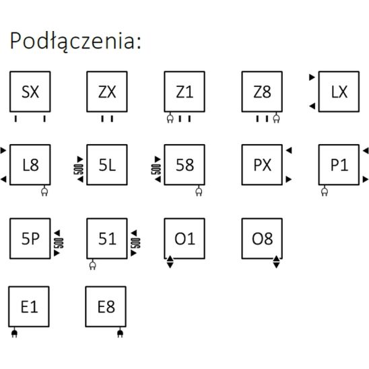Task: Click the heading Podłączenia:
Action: point(75,41)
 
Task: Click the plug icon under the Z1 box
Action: point(170,117)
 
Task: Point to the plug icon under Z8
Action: point(276,117)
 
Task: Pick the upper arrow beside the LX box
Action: point(312,77)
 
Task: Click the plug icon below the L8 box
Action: point(44,191)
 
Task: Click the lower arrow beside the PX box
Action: point(289,179)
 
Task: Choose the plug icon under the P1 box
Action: point(325,191)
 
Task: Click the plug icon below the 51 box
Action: point(93,265)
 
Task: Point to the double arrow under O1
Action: point(170,262)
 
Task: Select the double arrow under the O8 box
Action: point(276,262)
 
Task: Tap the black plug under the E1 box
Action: point(14,333)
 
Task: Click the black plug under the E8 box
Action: point(120,333)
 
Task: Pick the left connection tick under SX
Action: point(15,119)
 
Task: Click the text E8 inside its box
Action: point(106,307)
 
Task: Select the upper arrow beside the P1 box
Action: point(366,151)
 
